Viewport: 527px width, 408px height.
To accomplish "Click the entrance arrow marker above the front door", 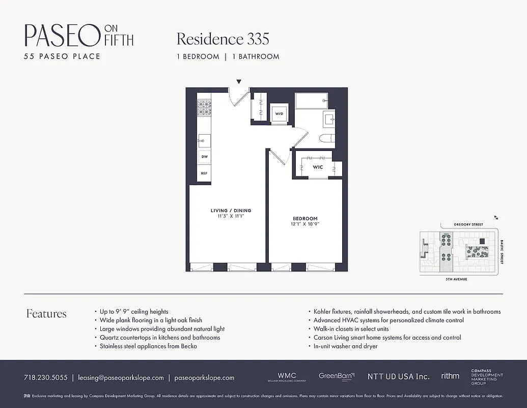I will point(239,82).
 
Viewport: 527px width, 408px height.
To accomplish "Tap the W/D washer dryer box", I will point(279,114).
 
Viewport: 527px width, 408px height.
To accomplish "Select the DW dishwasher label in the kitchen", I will point(204,158).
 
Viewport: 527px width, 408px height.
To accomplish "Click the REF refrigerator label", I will point(204,173).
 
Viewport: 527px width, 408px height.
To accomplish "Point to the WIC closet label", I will point(318,167).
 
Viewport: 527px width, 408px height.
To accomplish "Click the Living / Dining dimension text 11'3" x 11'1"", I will point(231,216).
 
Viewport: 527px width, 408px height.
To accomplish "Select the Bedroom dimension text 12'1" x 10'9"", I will point(305,224).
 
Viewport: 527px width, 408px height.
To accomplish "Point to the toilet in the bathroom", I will point(326,138).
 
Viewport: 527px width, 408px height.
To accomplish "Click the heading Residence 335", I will point(223,39).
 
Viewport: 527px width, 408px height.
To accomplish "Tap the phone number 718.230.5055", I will point(45,378).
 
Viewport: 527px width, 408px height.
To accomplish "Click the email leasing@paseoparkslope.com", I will point(121,378).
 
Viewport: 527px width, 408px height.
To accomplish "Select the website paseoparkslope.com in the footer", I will point(204,378).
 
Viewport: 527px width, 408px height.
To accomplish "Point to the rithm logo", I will point(450,376).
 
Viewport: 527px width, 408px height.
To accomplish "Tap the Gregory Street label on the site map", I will point(468,224).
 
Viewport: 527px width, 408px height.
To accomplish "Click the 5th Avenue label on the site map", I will point(457,279).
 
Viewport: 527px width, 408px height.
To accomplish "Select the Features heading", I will point(46,314).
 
